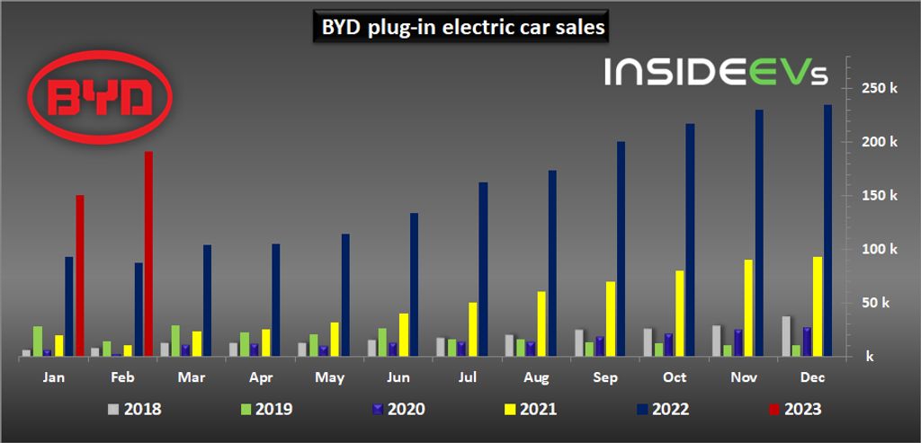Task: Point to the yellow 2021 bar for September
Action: (x=611, y=318)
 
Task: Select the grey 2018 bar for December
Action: (x=786, y=336)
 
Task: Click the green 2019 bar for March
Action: (x=175, y=341)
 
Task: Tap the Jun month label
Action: (x=398, y=377)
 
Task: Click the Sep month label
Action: (x=605, y=377)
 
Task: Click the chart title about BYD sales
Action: (x=463, y=28)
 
